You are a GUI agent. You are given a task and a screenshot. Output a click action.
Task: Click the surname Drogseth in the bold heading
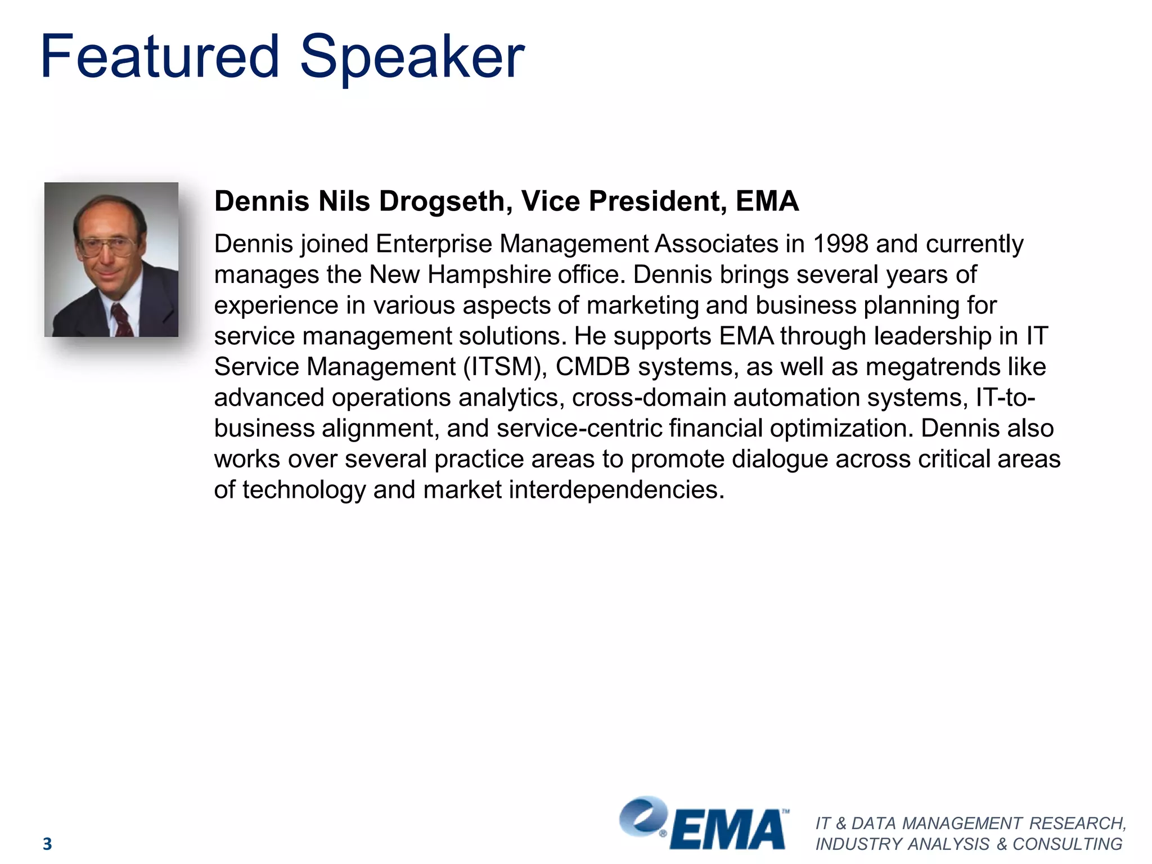(445, 201)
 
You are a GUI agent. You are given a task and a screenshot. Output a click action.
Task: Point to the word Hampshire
(489, 275)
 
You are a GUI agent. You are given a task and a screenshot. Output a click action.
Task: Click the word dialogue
(780, 459)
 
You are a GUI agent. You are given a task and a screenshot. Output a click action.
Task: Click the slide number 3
(47, 844)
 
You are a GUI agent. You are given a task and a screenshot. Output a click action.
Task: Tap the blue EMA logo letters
(728, 830)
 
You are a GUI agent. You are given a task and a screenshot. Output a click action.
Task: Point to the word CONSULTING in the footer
(1067, 844)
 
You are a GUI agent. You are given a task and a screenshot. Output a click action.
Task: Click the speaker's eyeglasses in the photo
(107, 246)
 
